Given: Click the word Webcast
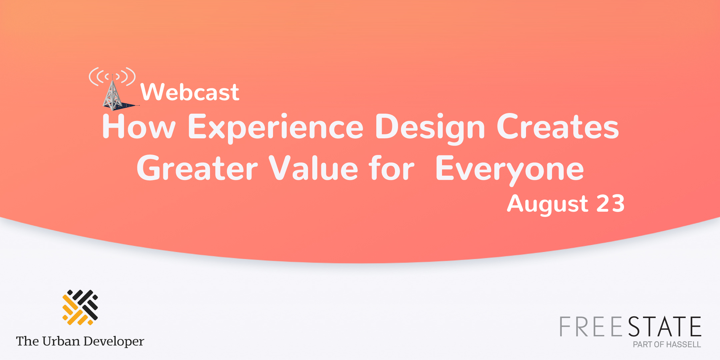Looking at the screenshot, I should tap(190, 92).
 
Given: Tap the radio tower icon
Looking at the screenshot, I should tap(113, 90).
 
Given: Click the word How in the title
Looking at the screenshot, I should tap(139, 127).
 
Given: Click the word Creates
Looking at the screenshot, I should tap(558, 127).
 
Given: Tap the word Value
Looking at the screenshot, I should tap(313, 169).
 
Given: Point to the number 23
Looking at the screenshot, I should tap(610, 204).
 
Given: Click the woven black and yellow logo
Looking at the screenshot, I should tap(80, 307).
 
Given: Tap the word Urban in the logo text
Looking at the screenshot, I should tap(61, 341).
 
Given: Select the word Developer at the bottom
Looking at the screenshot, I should tap(114, 342).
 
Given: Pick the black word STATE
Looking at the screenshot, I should tap(665, 327).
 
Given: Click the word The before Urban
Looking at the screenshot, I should tap(28, 341).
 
